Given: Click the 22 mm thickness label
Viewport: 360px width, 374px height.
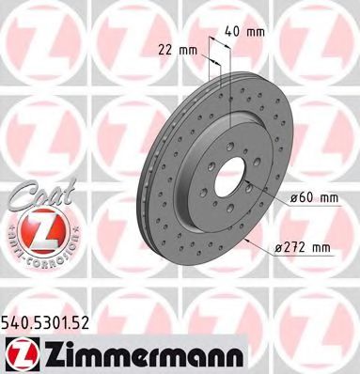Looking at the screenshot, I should (x=180, y=48).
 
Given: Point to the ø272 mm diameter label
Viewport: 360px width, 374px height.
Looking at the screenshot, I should (x=303, y=246).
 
